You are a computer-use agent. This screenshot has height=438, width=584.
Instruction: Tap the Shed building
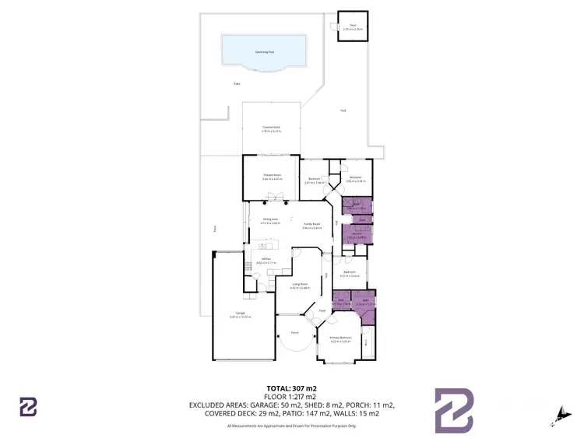click(352, 28)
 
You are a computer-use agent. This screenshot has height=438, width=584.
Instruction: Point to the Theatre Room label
click(271, 177)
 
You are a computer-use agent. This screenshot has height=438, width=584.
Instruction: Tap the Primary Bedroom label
click(341, 338)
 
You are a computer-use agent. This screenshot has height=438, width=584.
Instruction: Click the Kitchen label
click(266, 260)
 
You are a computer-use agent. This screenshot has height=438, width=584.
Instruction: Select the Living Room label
click(300, 285)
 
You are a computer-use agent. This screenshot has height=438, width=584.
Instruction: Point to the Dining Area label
click(270, 221)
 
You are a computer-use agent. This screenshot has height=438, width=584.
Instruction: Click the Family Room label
click(312, 226)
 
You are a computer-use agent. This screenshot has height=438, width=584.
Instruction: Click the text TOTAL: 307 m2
click(291, 387)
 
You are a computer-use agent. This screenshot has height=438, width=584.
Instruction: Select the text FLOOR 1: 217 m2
click(291, 396)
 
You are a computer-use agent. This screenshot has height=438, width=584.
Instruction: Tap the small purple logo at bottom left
click(29, 406)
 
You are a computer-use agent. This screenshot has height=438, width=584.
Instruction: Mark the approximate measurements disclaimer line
click(291, 426)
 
